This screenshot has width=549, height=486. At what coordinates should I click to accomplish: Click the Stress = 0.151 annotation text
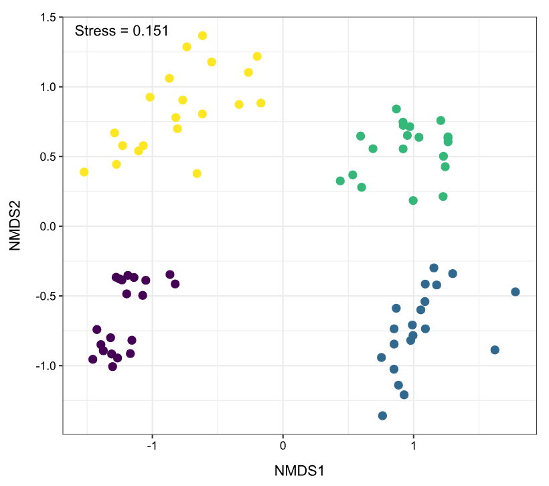[121, 31]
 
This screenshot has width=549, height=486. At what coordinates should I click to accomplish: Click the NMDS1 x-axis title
[299, 471]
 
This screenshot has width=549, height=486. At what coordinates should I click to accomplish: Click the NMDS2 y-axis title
[15, 226]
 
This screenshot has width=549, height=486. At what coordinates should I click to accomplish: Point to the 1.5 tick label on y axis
[48, 17]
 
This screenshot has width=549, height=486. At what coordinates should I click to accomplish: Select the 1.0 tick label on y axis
[48, 87]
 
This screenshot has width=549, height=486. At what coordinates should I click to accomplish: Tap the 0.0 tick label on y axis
[48, 226]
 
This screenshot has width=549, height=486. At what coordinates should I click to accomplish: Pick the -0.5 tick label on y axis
[46, 297]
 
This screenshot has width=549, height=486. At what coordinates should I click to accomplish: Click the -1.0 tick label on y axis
[46, 366]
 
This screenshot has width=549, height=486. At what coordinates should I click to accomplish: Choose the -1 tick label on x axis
[151, 446]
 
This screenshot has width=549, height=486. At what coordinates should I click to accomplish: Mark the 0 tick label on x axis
[283, 446]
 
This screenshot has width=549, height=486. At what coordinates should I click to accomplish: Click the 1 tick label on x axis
[414, 446]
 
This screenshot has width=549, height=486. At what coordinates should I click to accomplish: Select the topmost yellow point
[202, 35]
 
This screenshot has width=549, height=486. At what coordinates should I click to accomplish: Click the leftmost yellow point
[84, 172]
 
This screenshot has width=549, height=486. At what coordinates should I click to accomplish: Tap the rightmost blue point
[516, 292]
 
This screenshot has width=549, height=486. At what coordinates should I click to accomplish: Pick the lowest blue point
[382, 416]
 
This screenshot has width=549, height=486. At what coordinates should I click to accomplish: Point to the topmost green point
[396, 109]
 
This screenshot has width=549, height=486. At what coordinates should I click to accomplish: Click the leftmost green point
[340, 181]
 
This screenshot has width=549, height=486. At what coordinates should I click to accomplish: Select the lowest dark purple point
[112, 367]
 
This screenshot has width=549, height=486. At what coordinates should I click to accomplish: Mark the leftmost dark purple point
[93, 359]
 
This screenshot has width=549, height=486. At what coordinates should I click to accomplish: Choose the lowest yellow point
[197, 173]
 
